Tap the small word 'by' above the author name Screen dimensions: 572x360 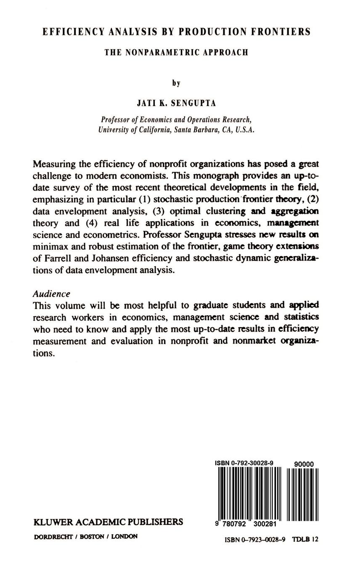tap(176, 83)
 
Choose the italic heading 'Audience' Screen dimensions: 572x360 tap(51, 294)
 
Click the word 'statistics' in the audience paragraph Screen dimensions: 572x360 tap(301, 317)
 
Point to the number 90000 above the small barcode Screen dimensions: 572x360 tap(304, 464)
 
